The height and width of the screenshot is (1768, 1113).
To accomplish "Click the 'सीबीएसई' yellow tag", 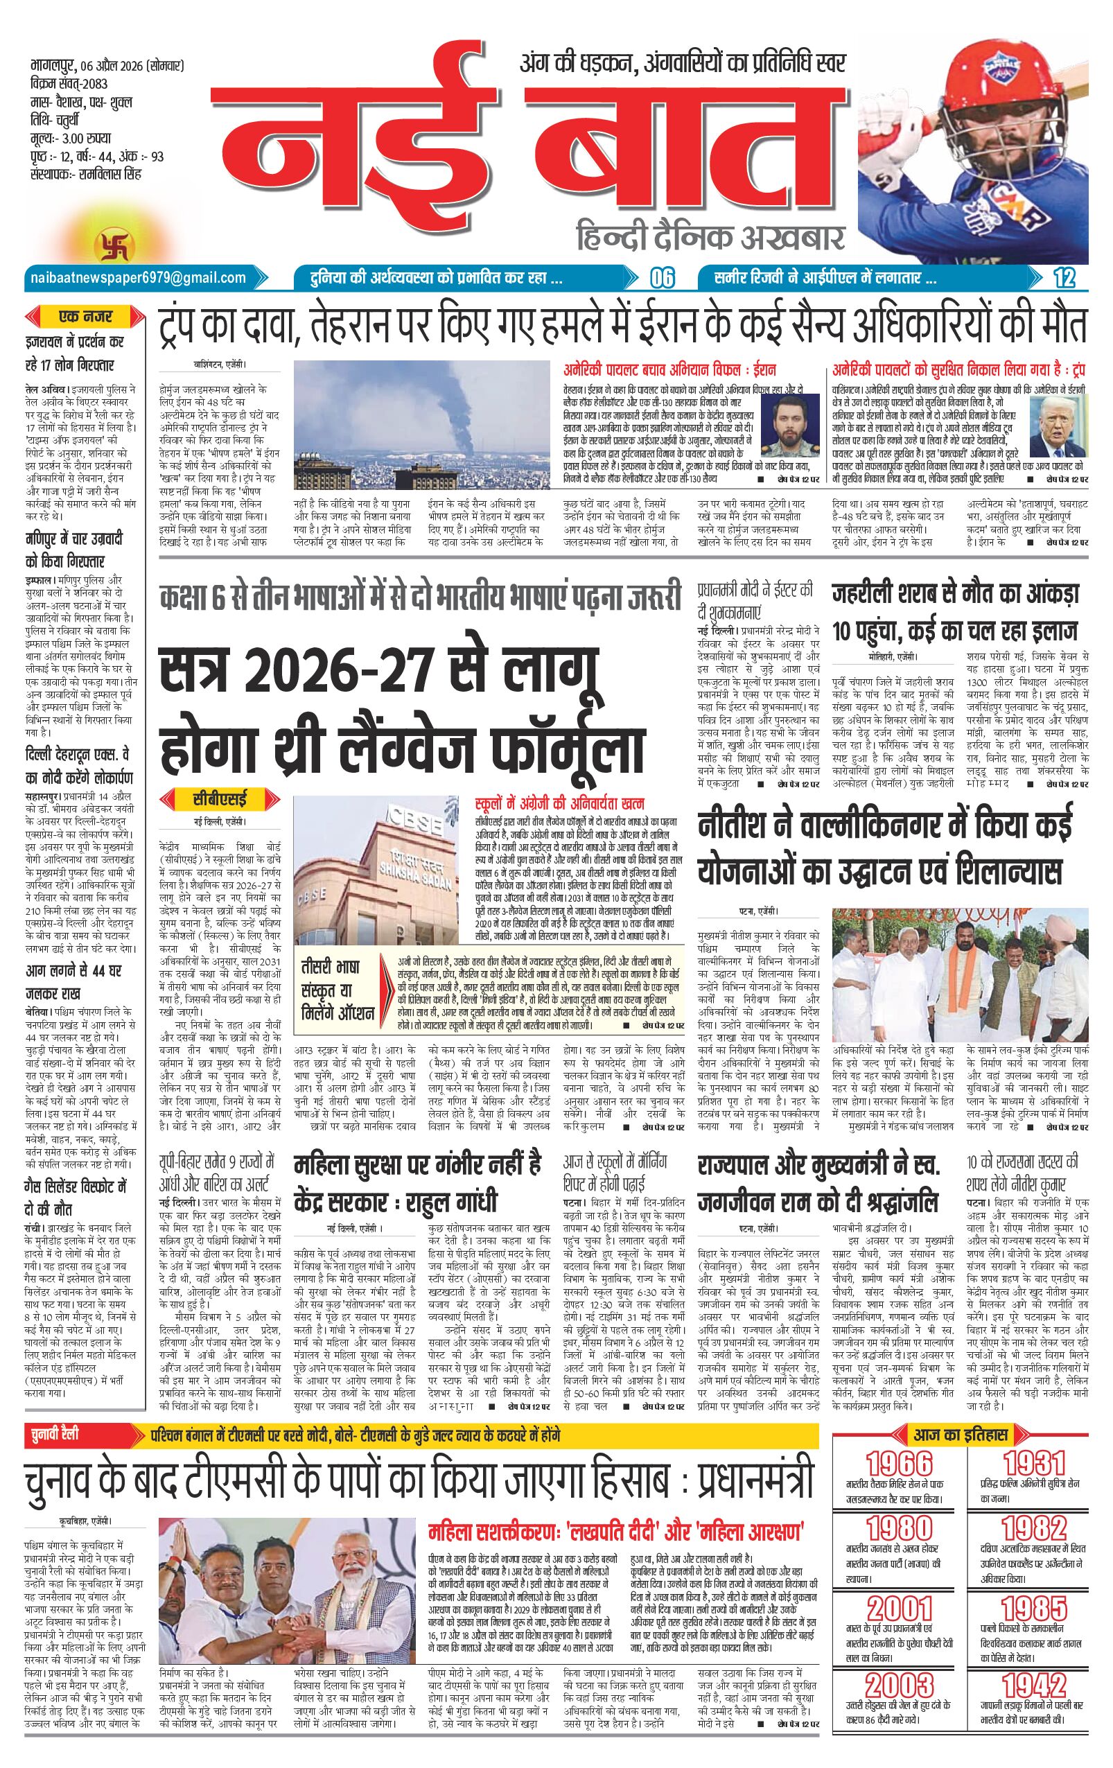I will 220,797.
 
